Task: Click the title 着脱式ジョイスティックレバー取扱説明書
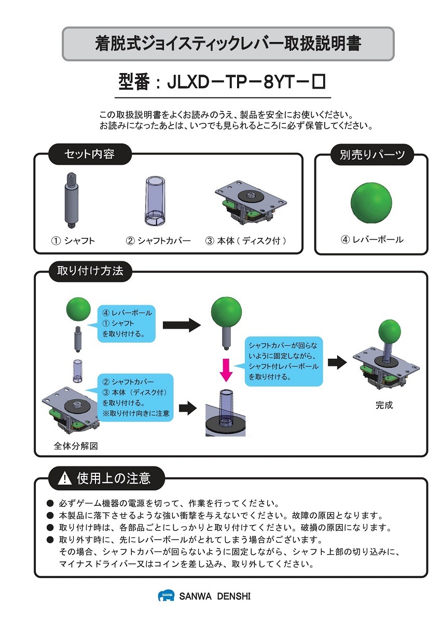click(228, 44)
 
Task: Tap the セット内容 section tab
click(89, 154)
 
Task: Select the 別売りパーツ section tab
click(372, 154)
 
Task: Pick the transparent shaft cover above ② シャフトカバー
click(154, 200)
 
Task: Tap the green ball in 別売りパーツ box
click(371, 203)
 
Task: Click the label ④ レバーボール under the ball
click(371, 239)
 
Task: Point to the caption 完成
click(384, 405)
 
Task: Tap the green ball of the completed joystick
click(390, 331)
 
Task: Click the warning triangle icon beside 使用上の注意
click(65, 478)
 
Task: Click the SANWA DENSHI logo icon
click(166, 596)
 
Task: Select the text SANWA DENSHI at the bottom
click(215, 597)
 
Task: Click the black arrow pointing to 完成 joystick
click(337, 362)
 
